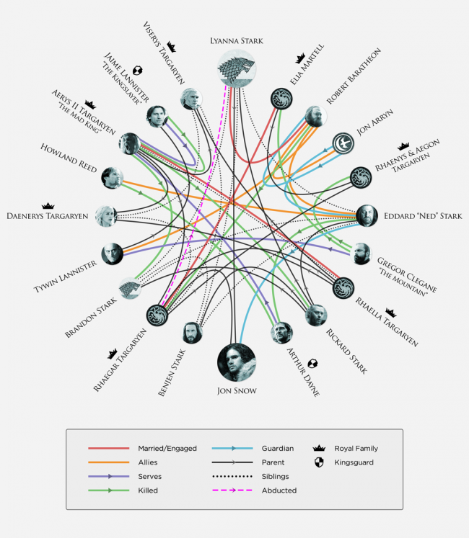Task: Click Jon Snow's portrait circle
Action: [237, 362]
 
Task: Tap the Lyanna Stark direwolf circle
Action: [237, 68]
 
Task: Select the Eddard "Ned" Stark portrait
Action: [367, 216]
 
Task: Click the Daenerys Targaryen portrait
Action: [106, 216]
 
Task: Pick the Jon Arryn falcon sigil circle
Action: [343, 143]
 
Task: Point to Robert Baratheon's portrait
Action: [315, 117]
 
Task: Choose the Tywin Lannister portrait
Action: [112, 254]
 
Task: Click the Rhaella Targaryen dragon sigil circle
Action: [343, 288]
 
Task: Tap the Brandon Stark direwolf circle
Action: [130, 288]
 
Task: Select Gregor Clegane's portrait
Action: [361, 254]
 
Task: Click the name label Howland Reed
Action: [69, 158]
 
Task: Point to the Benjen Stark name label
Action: [172, 372]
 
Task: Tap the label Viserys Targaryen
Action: [164, 53]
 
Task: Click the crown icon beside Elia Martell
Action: [300, 58]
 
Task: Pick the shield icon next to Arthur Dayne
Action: [312, 364]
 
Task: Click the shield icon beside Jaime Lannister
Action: [138, 71]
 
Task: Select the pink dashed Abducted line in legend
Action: [232, 490]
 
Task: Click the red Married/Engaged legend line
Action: [109, 448]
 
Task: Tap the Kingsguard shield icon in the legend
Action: [319, 462]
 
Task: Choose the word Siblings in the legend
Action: [275, 476]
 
